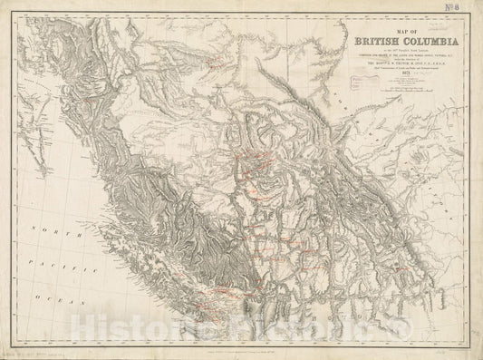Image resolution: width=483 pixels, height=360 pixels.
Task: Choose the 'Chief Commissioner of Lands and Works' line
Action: (383, 79)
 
